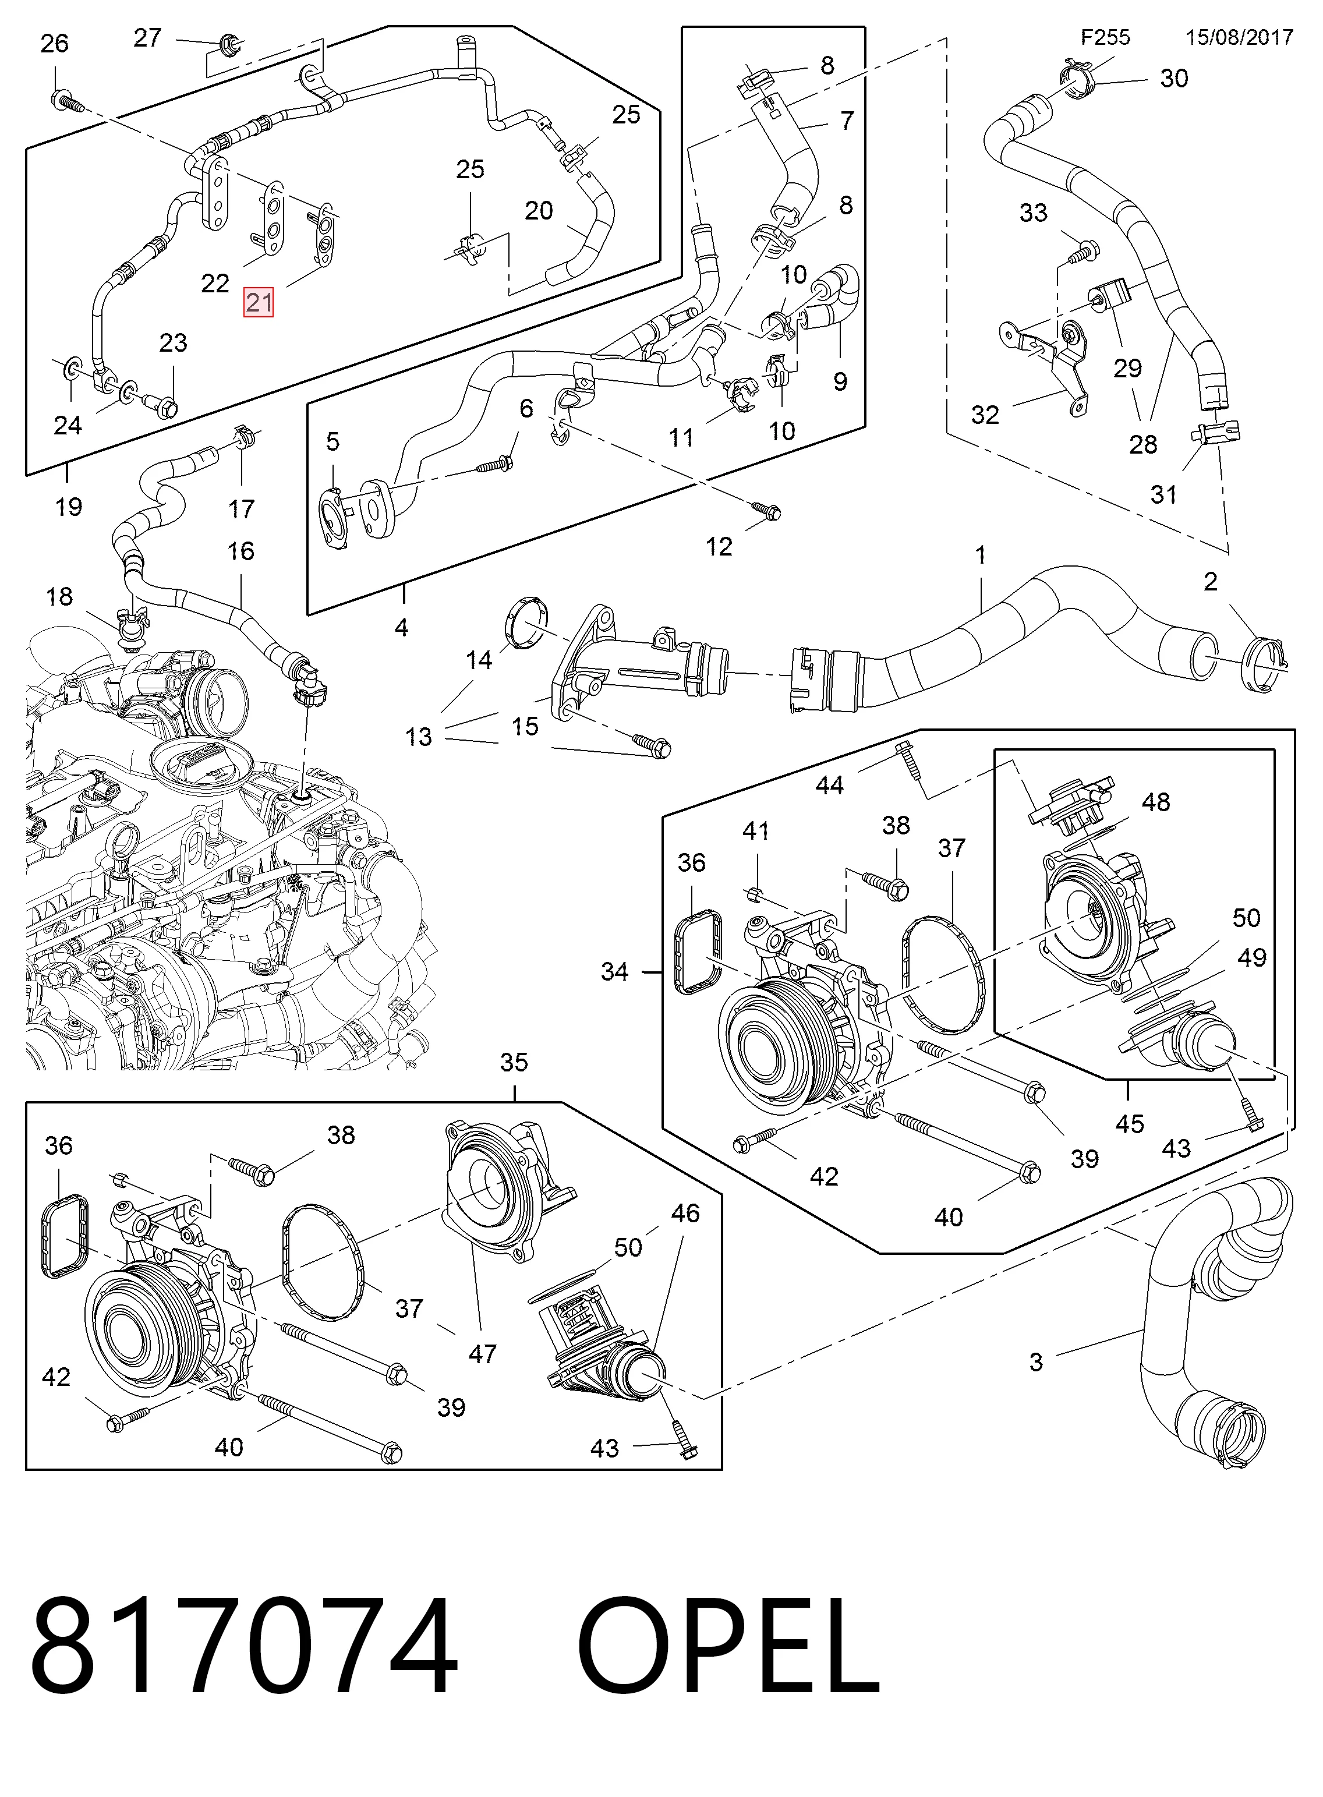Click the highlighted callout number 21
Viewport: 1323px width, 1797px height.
(259, 303)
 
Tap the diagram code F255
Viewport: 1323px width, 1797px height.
(1105, 38)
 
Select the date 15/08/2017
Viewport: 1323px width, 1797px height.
(1240, 38)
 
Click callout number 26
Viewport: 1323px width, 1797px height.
(55, 43)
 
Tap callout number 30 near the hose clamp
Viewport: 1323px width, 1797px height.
(1174, 79)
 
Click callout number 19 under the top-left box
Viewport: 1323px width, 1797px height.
(69, 507)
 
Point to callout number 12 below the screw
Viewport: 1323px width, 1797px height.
(719, 547)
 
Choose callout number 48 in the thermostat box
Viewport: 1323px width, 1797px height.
(1156, 802)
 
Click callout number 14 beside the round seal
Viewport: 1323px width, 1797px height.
(479, 660)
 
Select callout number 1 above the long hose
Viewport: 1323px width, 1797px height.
(981, 555)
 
